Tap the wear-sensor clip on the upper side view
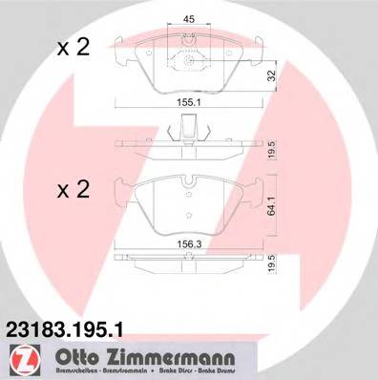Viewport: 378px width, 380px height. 189,126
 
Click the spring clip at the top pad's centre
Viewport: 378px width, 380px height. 190,59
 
